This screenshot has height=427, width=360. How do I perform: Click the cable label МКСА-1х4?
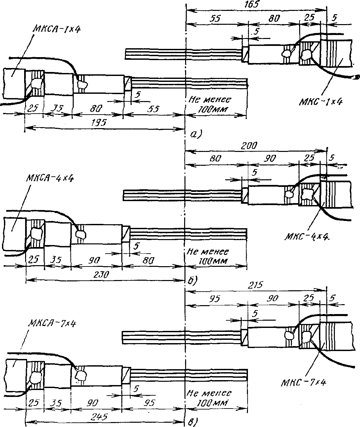coord(56,29)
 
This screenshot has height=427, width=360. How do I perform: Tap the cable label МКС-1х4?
coord(321,102)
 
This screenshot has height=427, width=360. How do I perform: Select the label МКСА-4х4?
coord(50,178)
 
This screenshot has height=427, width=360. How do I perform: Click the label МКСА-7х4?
coord(53,324)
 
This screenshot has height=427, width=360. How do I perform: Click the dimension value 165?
coord(252,5)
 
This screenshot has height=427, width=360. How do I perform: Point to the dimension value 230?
coord(101,275)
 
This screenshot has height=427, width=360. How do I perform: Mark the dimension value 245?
coord(100,416)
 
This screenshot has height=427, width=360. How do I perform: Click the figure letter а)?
coord(196,134)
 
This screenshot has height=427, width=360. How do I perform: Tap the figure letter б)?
coord(193,281)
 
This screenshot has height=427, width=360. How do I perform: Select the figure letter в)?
coord(193,422)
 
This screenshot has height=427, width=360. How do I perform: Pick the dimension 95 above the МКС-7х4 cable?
coord(215,299)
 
